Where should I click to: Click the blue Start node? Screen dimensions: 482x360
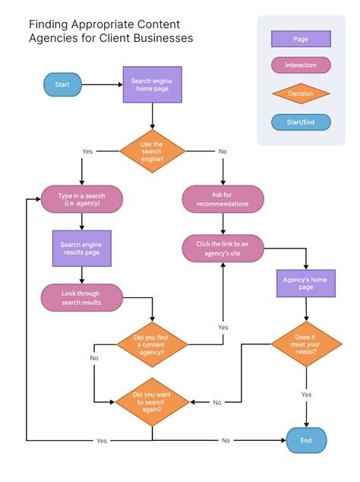(x=62, y=84)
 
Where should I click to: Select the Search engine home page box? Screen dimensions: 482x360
(x=152, y=84)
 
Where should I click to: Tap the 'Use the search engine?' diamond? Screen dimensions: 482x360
(x=152, y=150)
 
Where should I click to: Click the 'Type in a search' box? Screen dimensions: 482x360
(x=81, y=200)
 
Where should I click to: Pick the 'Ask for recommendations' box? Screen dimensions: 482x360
(x=223, y=199)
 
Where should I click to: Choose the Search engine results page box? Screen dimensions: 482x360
(x=81, y=249)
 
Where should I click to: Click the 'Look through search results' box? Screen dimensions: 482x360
(x=81, y=298)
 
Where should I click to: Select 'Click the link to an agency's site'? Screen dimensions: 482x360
(x=223, y=249)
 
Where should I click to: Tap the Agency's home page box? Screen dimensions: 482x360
(x=306, y=283)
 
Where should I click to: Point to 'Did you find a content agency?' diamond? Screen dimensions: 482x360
(x=152, y=345)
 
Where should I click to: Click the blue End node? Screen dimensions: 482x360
(x=306, y=440)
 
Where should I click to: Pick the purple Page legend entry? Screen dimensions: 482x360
(x=301, y=39)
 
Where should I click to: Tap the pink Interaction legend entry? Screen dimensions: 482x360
(x=301, y=65)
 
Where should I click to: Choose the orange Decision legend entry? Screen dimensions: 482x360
(x=301, y=94)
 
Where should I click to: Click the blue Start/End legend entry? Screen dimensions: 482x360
(x=301, y=122)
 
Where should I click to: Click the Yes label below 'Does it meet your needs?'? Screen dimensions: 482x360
(x=306, y=395)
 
